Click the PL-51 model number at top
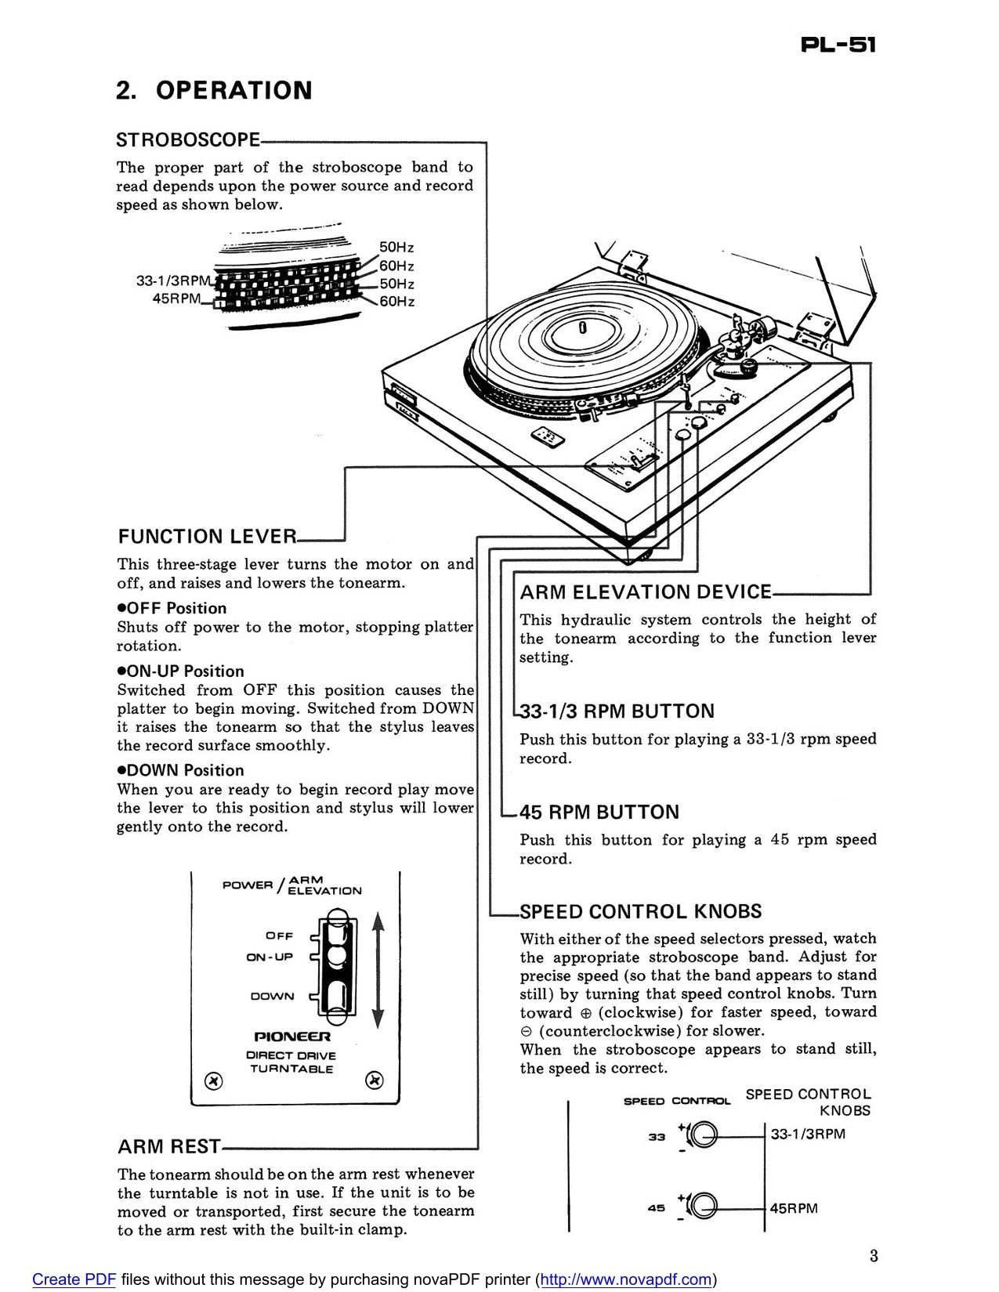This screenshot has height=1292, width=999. [x=838, y=45]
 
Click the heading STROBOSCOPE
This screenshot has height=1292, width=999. [x=188, y=140]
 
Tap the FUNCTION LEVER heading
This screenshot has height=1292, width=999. [x=208, y=537]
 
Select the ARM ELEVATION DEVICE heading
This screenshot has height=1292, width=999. [x=646, y=592]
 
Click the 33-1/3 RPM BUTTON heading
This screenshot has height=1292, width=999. [x=617, y=711]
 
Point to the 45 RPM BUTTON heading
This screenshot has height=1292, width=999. [x=599, y=812]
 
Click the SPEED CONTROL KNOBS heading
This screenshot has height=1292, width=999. [x=640, y=912]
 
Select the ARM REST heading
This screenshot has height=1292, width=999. [x=169, y=1147]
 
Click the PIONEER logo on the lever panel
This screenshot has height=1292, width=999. [x=291, y=1037]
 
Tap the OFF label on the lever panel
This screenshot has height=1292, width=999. [x=280, y=936]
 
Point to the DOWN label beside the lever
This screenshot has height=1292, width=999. [x=272, y=997]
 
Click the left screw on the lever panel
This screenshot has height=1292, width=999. [x=212, y=1081]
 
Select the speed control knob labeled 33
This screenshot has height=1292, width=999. [x=704, y=1135]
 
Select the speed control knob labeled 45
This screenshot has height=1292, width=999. [x=704, y=1207]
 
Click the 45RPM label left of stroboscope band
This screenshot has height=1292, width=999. [x=176, y=299]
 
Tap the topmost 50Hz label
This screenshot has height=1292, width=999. [x=396, y=248]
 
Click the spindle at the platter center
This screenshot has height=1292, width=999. [x=582, y=327]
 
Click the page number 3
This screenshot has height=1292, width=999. [x=874, y=1257]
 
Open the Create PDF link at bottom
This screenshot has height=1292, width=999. [x=74, y=1279]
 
